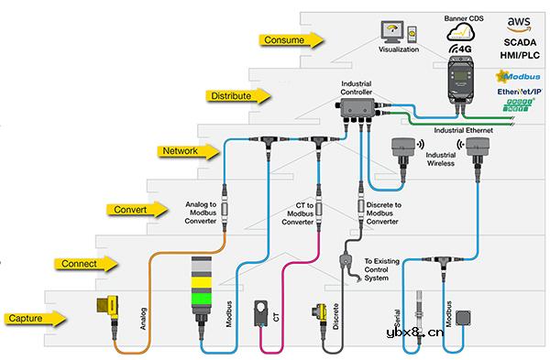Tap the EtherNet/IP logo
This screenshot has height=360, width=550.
click(519, 93)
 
